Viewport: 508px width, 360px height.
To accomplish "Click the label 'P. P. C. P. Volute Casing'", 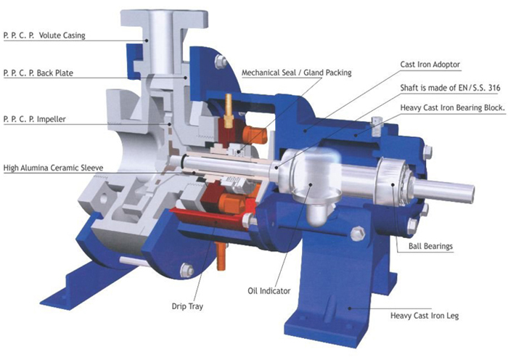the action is [44, 36].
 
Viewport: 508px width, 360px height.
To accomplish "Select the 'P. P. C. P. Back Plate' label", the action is [38, 73].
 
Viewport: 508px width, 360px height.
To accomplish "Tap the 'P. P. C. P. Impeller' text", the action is [35, 119].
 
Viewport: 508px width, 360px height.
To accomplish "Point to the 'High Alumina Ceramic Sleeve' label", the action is [54, 168].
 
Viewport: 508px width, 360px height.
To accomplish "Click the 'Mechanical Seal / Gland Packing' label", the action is [297, 73].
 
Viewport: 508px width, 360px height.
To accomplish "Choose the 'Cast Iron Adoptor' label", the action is [430, 65].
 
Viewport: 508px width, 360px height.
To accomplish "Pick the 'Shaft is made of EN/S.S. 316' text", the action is [451, 88].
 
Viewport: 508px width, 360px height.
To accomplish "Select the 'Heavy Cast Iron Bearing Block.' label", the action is [453, 107].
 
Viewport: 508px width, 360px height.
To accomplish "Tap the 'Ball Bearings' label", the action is [430, 246].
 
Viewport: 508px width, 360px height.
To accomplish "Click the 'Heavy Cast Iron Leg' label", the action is [425, 315].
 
